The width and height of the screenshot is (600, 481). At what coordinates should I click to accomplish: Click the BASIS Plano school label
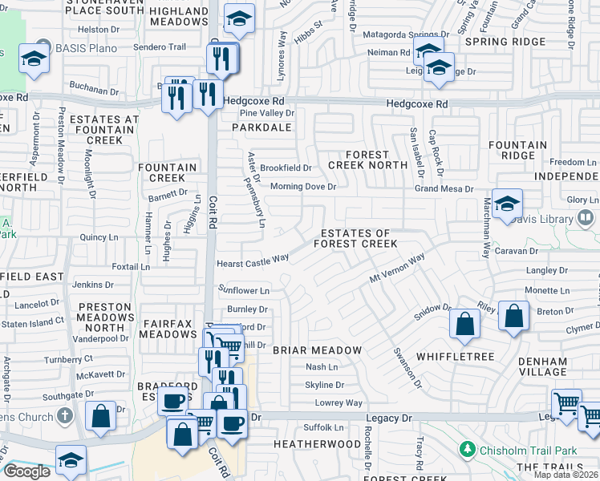click(87, 48)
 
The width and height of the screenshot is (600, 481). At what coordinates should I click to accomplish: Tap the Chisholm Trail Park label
click(530, 450)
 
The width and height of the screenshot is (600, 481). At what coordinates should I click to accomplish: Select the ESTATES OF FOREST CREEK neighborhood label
click(355, 238)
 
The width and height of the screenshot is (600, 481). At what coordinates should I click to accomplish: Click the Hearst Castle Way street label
click(253, 260)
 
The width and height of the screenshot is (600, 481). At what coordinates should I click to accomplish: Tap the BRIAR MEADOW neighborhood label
click(317, 350)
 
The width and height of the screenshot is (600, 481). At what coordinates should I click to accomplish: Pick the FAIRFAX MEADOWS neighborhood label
click(168, 329)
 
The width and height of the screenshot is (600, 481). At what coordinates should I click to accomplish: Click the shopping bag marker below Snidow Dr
click(465, 324)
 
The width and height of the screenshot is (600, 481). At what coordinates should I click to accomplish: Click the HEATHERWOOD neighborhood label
click(318, 443)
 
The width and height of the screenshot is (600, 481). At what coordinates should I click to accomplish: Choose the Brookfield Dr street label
click(286, 168)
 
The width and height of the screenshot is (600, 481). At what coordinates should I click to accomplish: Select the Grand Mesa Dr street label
click(444, 189)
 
